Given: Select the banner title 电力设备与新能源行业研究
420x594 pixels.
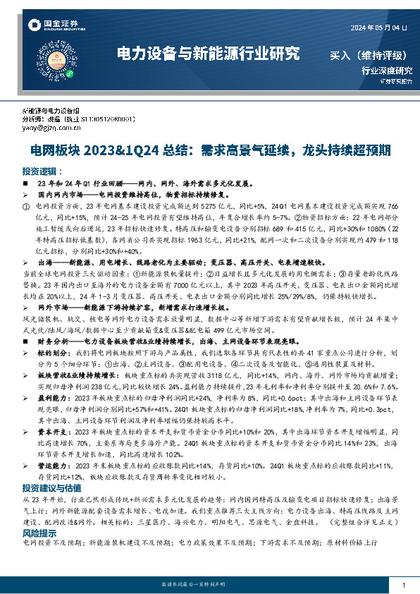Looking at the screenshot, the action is pos(207,54).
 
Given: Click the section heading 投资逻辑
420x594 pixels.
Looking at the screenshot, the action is pos(38,171).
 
